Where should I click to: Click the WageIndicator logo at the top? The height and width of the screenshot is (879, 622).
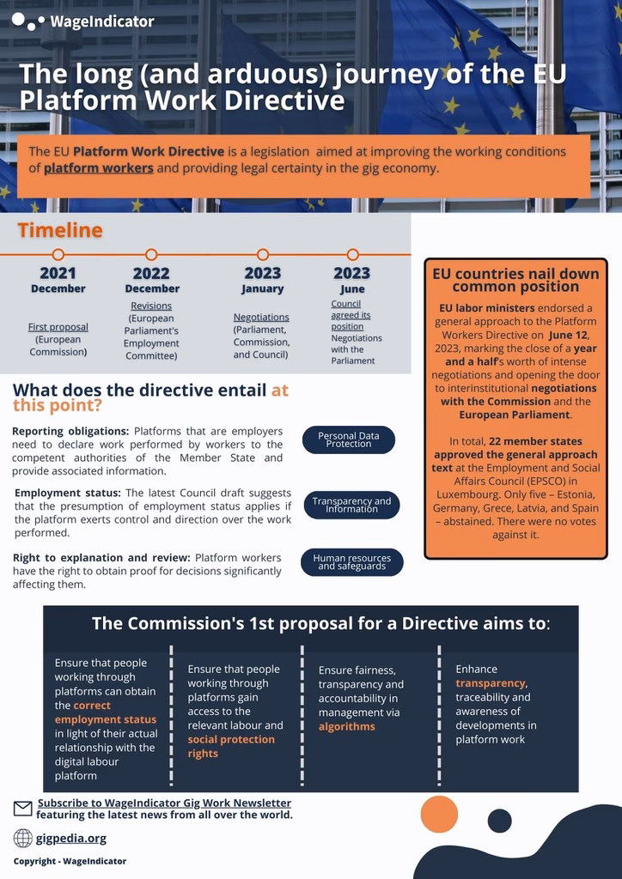(x=83, y=21)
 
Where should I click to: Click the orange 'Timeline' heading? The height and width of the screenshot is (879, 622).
(x=60, y=230)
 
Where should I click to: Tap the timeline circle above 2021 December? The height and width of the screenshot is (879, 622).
(x=58, y=254)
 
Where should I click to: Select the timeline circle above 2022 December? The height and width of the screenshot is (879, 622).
(x=151, y=254)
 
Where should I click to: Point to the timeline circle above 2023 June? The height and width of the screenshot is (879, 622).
(x=352, y=254)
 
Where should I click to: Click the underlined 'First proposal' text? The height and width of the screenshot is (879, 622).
(x=58, y=327)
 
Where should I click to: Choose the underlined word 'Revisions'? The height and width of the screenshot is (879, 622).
(x=151, y=306)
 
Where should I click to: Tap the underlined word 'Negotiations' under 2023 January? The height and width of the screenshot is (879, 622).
(x=261, y=317)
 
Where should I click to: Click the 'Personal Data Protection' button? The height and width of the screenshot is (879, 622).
(x=349, y=439)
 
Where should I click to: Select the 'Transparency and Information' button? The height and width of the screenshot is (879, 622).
(x=351, y=505)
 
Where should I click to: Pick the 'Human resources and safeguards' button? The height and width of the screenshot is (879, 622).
(x=351, y=562)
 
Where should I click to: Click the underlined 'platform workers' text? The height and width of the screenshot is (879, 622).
(x=99, y=168)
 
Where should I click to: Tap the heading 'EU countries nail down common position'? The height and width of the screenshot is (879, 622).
(x=515, y=280)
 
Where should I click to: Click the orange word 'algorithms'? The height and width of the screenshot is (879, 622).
(x=347, y=726)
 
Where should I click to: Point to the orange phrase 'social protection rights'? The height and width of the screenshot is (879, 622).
(x=231, y=746)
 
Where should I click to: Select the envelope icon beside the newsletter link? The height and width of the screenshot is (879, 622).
(x=23, y=808)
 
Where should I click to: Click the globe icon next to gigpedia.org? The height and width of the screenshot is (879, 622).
(x=23, y=838)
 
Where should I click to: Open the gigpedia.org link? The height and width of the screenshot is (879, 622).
(x=71, y=838)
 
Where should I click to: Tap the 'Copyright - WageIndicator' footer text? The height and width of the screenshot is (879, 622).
(x=70, y=861)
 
